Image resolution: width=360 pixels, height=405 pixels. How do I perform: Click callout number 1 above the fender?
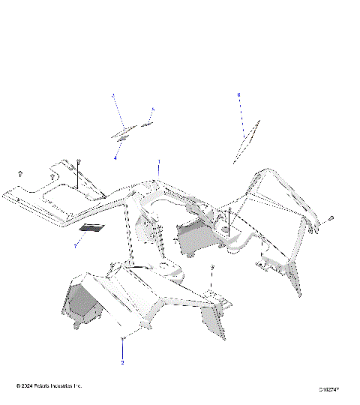(158, 162)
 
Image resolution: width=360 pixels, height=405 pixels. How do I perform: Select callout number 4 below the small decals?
(115, 158)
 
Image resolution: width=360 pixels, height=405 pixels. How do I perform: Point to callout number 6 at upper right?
(238, 95)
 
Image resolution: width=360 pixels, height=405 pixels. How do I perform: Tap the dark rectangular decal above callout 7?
(93, 227)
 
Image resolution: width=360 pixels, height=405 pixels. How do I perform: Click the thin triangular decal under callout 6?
(246, 141)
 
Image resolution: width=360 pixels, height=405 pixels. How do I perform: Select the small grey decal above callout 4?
(124, 134)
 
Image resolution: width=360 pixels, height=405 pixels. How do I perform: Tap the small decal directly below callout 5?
(147, 123)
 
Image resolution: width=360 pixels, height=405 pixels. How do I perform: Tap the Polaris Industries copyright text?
(49, 385)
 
